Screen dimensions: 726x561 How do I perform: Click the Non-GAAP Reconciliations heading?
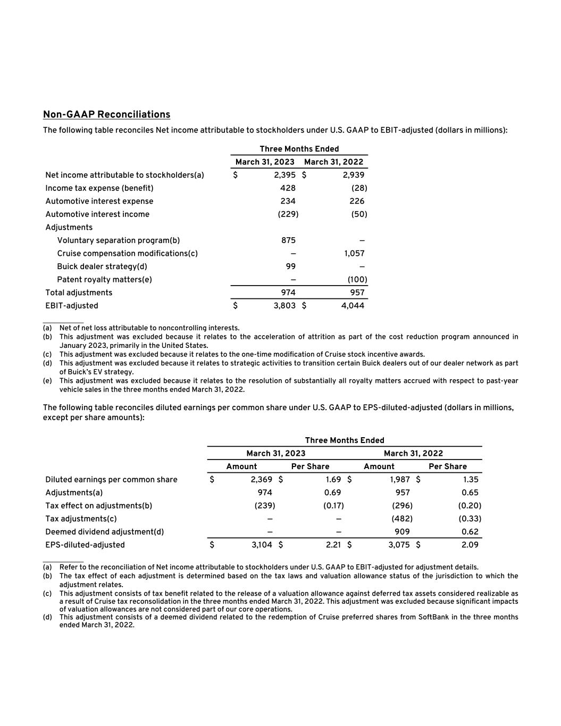tap(106, 114)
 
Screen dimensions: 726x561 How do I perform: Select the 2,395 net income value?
tap(284, 175)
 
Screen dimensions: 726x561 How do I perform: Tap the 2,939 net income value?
tap(353, 175)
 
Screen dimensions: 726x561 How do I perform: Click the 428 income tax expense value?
tap(288, 188)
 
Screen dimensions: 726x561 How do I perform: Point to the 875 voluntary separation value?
tap(288, 240)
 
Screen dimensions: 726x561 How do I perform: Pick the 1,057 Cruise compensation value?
tap(354, 253)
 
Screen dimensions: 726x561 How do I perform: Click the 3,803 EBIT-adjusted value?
tap(284, 306)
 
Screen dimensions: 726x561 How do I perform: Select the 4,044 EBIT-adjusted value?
tap(353, 306)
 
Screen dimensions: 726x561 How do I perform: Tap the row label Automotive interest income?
tap(97, 214)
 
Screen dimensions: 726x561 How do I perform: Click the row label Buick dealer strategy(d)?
tap(102, 266)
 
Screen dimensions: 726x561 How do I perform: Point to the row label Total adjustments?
tap(79, 293)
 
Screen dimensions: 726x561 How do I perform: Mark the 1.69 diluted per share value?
tap(333, 480)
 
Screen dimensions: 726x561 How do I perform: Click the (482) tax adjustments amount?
tap(402, 519)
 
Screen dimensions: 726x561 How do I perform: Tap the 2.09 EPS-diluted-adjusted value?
tap(470, 545)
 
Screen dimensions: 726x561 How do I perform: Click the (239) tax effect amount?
tap(265, 506)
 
